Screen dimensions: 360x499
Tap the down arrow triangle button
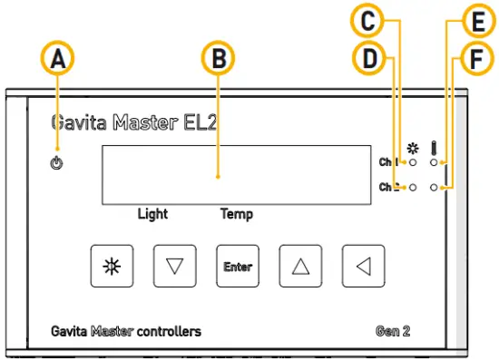point(175,266)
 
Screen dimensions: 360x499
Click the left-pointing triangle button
point(363,266)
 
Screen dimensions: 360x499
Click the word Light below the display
point(152,215)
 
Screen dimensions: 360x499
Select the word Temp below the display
point(237,215)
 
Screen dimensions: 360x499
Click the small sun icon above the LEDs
point(414,147)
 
